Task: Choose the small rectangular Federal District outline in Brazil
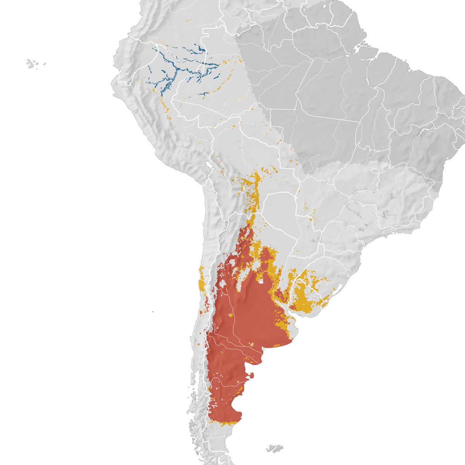[375, 171]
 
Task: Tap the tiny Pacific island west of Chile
[153, 312]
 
